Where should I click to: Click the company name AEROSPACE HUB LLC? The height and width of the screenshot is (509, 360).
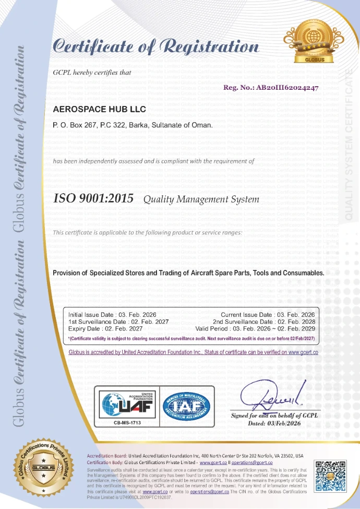100,109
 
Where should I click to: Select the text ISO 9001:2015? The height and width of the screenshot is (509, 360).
93,198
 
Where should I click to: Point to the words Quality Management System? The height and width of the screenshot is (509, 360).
201,199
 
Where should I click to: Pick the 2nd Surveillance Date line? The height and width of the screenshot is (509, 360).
263,322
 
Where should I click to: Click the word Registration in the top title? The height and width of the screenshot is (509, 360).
212,47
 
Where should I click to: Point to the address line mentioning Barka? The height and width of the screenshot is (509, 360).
133,126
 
